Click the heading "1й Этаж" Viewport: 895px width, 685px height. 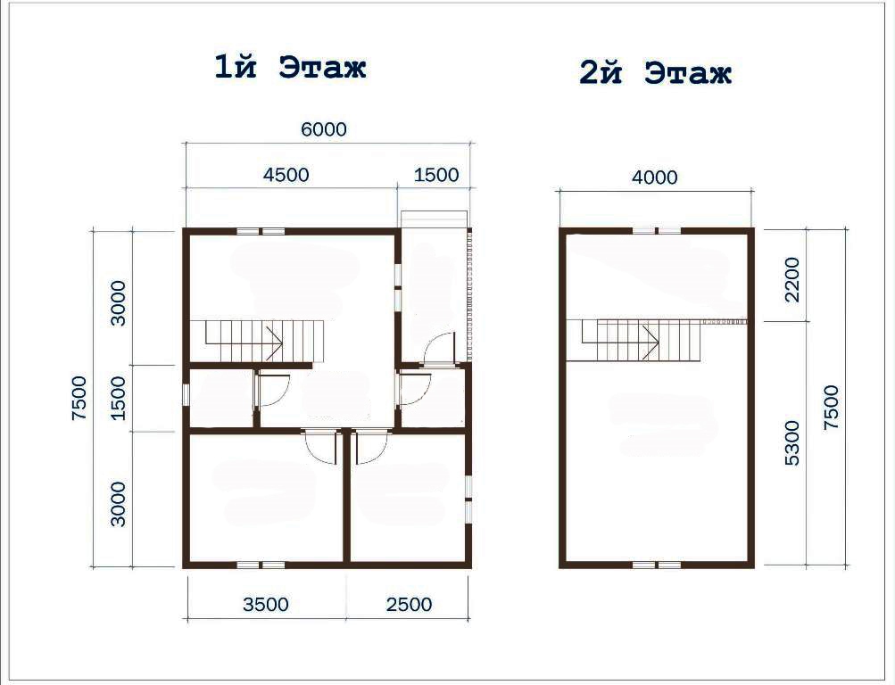pos(290,67)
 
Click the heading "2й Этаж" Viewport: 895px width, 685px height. pos(655,73)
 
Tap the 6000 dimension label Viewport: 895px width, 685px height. pos(324,129)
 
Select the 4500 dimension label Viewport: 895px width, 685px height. pos(286,175)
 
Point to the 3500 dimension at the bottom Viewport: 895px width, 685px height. pos(266,604)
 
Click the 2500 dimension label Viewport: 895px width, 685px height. pos(410,604)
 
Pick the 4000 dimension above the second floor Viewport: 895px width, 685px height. pos(655,177)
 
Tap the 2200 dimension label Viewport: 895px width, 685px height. pos(792,279)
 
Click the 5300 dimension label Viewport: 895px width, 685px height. pos(792,443)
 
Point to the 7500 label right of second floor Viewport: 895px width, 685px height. pos(832,408)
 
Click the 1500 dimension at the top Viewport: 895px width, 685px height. pos(436,175)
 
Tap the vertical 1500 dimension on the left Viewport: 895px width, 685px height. pos(118,398)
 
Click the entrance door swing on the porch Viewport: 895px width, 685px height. pos(440,348)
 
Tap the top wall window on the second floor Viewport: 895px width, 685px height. pos(657,231)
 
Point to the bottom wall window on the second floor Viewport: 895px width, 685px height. pos(657,565)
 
